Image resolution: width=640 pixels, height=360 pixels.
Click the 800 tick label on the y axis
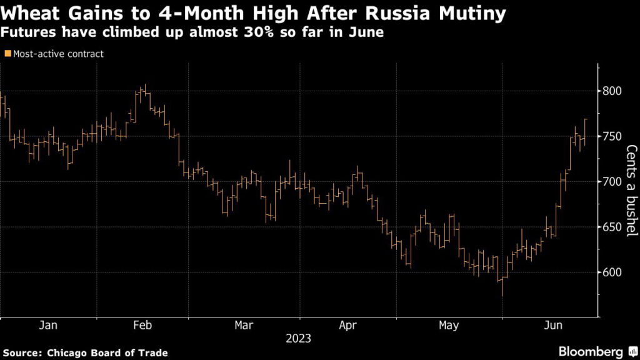(x=612, y=91)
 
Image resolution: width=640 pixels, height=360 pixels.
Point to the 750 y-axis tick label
(x=612, y=137)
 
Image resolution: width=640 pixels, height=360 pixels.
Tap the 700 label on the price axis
(x=612, y=182)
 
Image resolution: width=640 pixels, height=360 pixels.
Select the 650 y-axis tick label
(x=612, y=227)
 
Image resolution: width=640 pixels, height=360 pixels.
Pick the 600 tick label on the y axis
(x=612, y=272)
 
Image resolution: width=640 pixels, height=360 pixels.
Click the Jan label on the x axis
(x=48, y=325)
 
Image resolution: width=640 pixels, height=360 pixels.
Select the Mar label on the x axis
(x=243, y=325)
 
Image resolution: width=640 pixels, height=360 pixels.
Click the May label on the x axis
(x=448, y=325)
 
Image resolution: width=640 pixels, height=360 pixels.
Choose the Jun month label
(x=552, y=325)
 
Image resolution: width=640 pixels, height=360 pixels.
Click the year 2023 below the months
(x=298, y=339)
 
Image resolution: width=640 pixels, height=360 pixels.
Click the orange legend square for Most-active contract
(x=7, y=54)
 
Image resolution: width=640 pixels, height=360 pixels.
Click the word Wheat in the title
(x=26, y=12)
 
